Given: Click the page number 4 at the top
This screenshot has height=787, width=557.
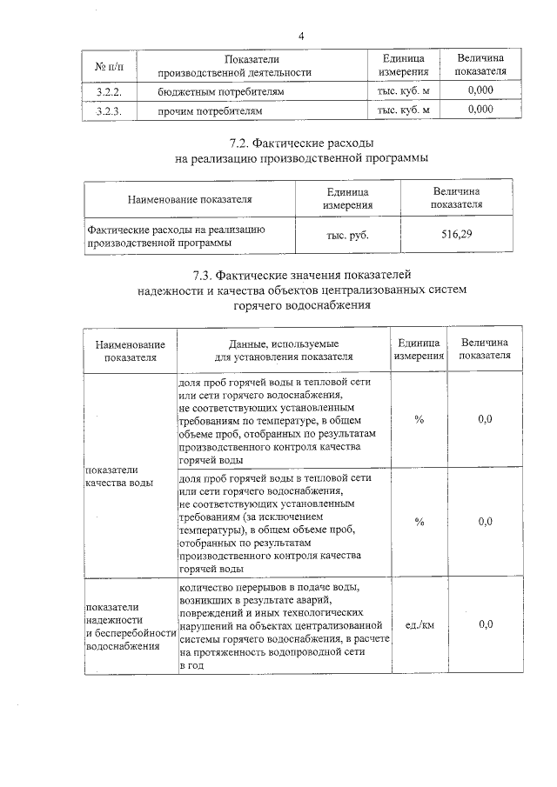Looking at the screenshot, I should tap(301, 36).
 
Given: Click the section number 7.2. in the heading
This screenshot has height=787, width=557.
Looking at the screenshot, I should tap(245, 142).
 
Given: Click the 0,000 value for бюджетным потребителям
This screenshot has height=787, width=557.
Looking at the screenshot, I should tap(480, 90).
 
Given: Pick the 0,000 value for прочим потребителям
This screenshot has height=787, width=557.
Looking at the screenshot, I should tap(480, 110).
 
